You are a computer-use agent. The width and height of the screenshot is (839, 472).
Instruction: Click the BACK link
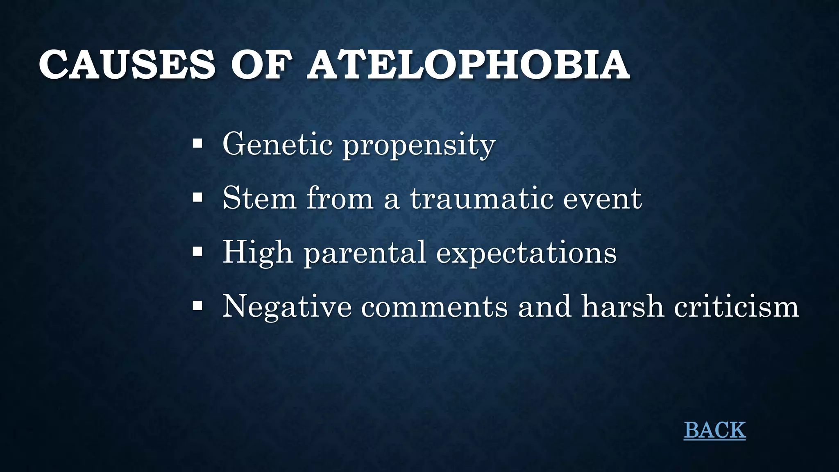[x=714, y=430]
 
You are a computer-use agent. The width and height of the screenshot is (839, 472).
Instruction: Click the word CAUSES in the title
[x=127, y=65]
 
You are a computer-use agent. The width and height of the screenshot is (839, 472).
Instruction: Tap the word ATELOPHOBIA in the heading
[x=468, y=65]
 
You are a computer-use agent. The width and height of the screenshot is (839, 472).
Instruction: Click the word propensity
[x=419, y=146]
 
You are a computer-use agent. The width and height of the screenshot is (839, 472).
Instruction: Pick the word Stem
[x=259, y=198]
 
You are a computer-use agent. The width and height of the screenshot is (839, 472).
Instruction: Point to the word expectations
[x=526, y=254]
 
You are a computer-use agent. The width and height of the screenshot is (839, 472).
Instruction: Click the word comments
[x=434, y=307]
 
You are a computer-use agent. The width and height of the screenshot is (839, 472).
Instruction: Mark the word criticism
[x=737, y=306]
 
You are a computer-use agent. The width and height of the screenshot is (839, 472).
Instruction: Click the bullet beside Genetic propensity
[x=197, y=144]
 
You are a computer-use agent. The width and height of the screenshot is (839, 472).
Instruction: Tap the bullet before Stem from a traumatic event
[x=197, y=198]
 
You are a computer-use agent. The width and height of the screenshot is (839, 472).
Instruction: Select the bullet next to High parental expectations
[x=197, y=252]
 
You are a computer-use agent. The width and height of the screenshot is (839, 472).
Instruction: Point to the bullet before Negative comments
[x=197, y=306]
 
